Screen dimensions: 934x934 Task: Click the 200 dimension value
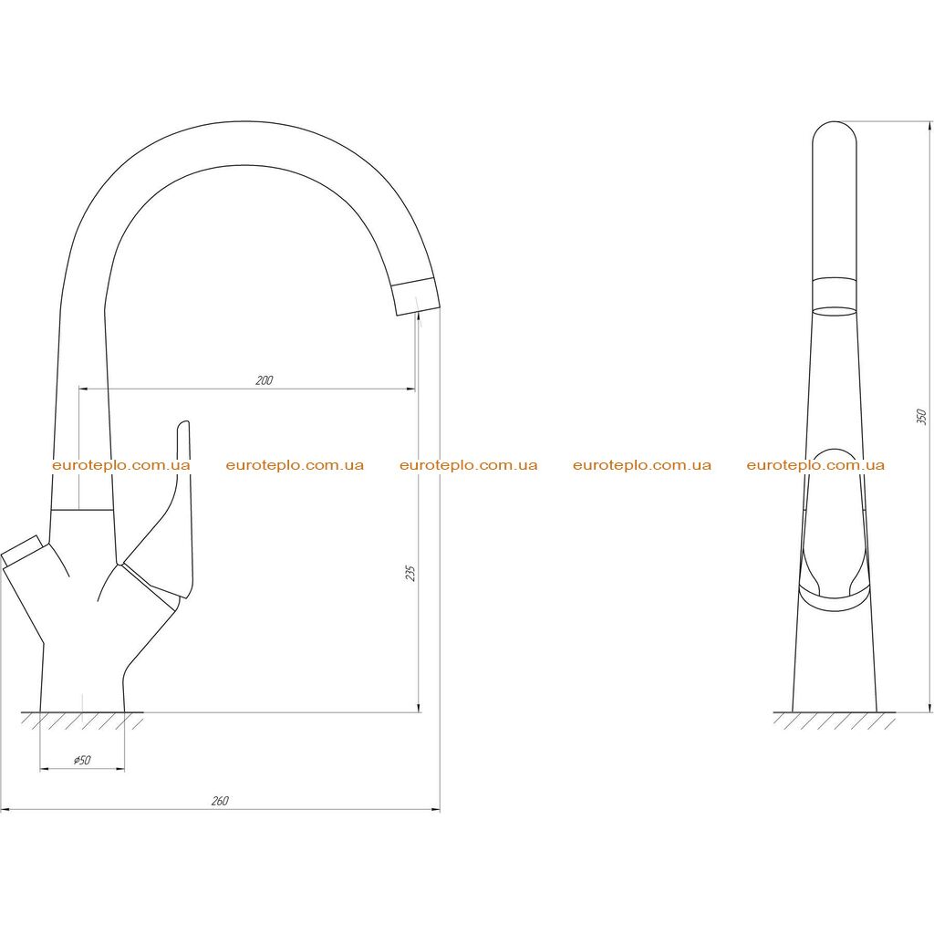pos(264,380)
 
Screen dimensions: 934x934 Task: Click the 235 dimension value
pos(410,573)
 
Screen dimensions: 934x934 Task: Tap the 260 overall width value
pos(220,801)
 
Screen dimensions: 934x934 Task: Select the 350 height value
pos(921,416)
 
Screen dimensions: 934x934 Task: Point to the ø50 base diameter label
pos(81,760)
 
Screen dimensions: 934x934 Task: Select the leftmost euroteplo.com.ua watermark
pos(121,465)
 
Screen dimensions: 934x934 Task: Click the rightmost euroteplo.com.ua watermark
pos(815,465)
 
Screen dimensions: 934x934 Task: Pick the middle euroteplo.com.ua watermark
pos(468,465)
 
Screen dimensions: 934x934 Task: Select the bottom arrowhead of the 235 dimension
pos(419,707)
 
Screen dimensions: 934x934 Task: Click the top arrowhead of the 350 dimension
pos(929,127)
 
